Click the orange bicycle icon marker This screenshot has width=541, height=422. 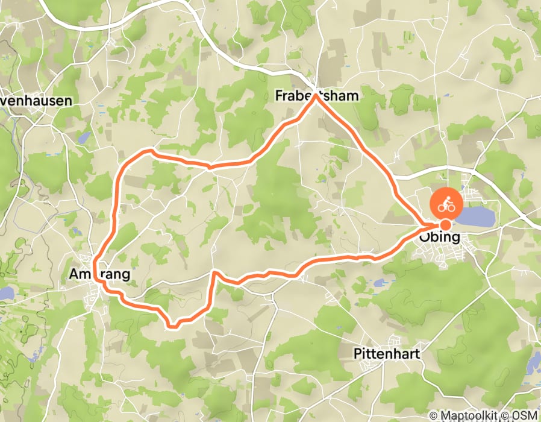tap(446, 205)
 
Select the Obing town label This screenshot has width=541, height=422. tap(439, 237)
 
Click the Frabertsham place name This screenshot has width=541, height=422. tap(317, 95)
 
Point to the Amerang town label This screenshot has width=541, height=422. tap(99, 274)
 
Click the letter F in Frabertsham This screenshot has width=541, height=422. tap(279, 95)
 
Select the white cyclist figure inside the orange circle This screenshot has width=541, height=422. tap(446, 205)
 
